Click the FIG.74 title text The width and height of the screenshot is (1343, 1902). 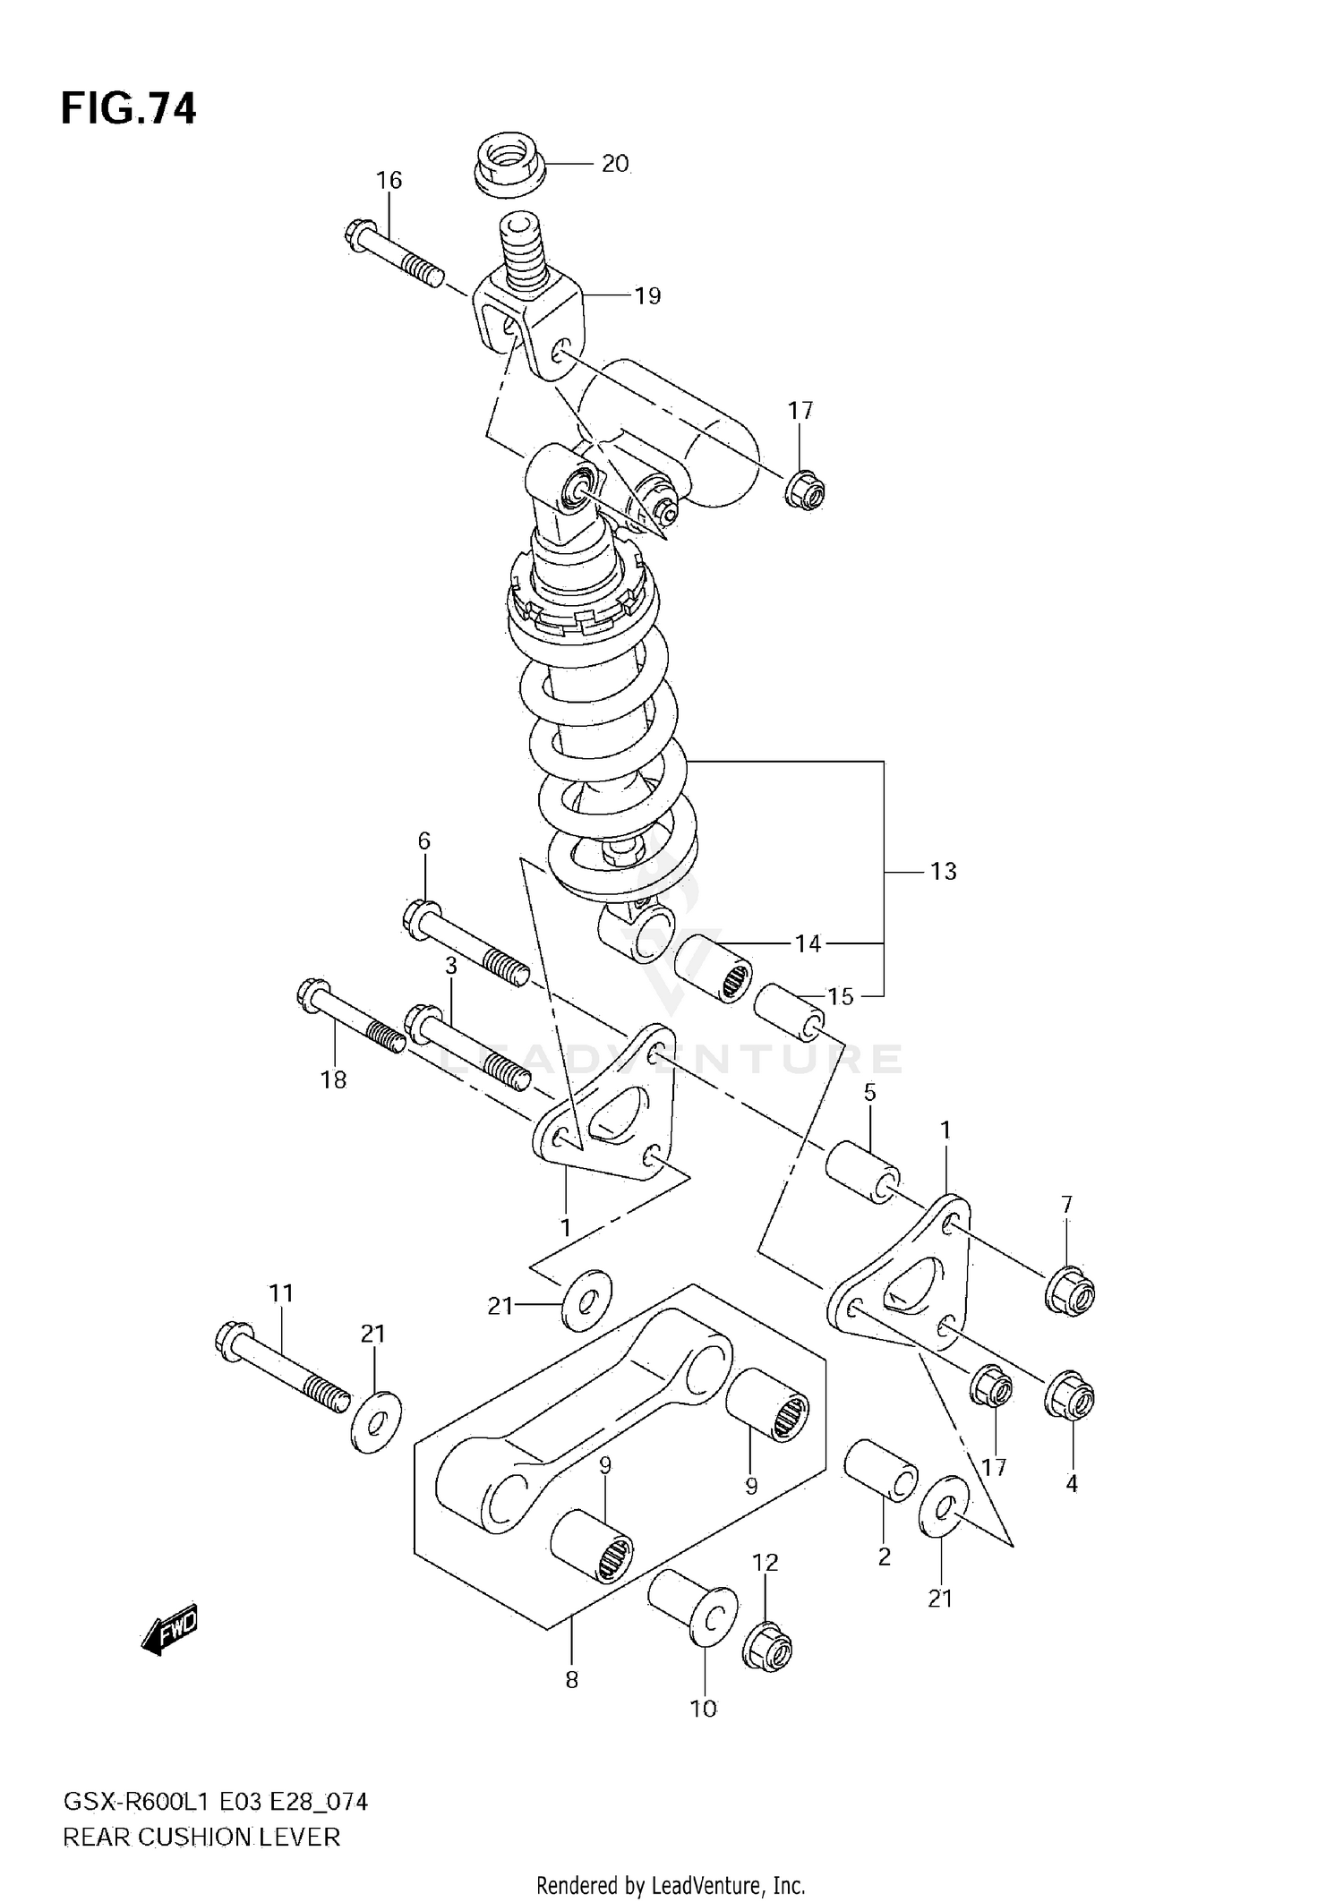128,108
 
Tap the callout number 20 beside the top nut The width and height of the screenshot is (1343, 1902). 614,164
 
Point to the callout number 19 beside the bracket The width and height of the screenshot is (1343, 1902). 647,295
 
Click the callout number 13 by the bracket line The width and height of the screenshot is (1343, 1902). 943,871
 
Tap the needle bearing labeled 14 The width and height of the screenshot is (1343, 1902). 712,968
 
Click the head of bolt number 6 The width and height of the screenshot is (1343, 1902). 419,919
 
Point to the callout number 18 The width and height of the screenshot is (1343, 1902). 333,1080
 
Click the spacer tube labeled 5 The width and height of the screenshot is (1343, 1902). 862,1169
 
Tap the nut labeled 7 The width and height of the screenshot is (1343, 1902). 1071,1290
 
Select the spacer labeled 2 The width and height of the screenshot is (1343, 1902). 880,1469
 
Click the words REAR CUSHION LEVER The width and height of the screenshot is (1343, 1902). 201,1838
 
